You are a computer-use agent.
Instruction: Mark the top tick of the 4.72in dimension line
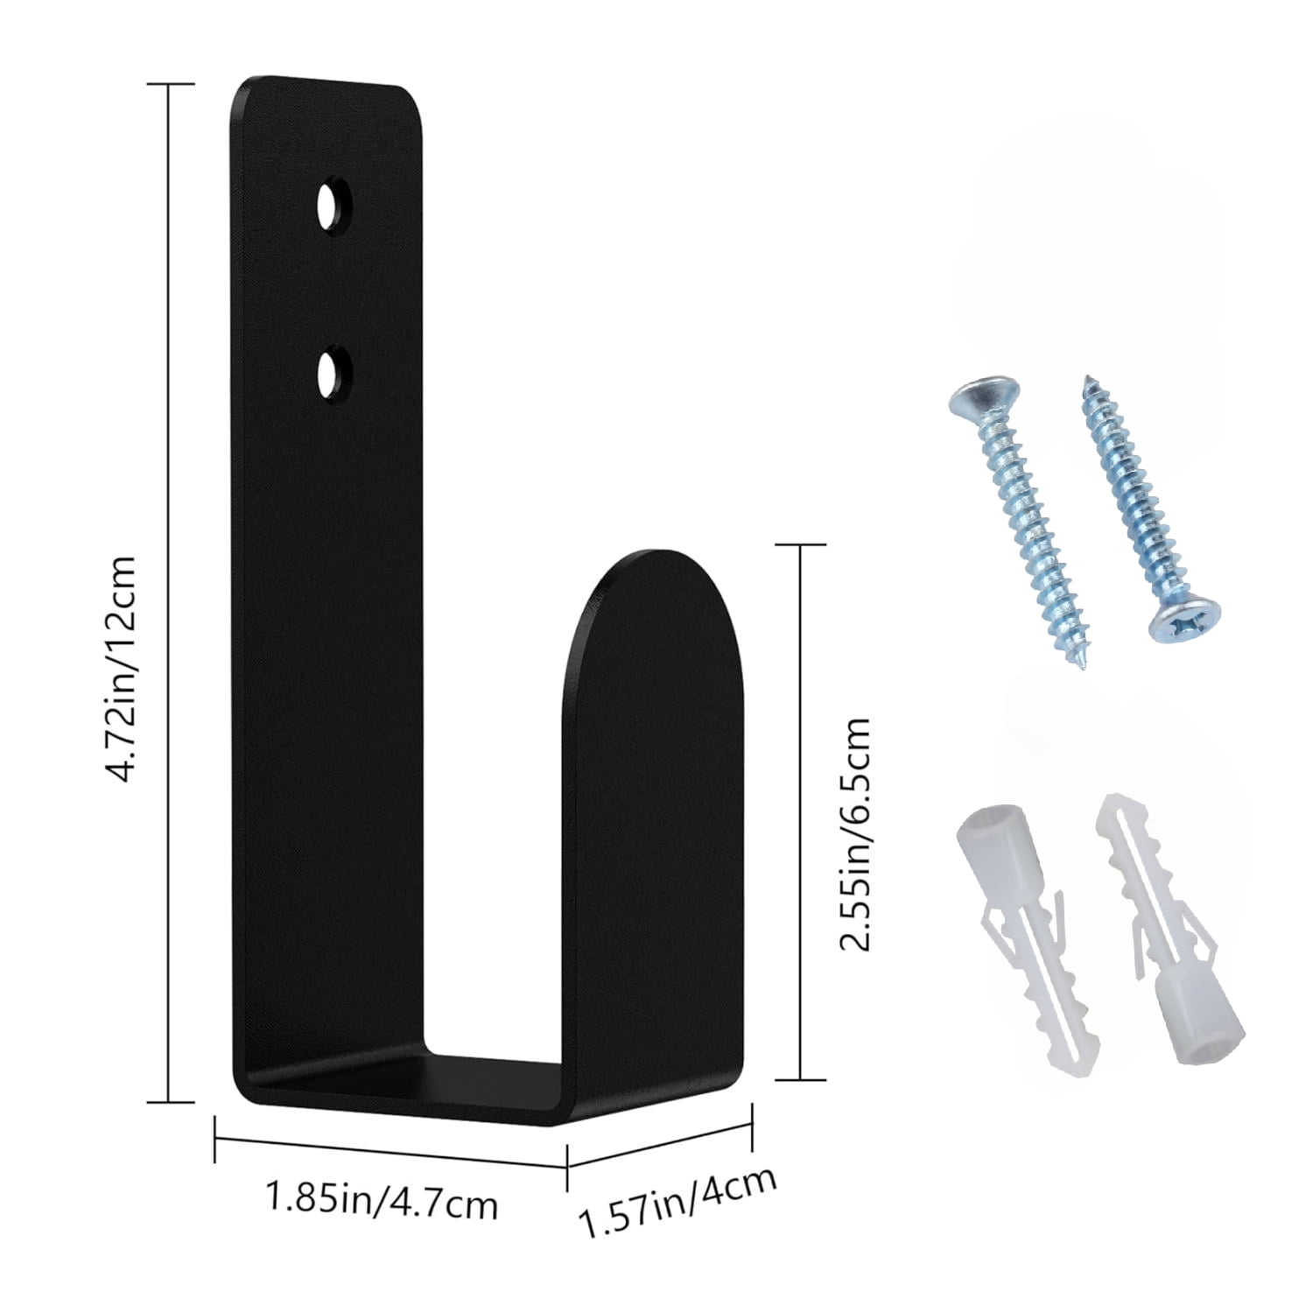(170, 84)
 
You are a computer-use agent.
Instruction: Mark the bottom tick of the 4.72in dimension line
(170, 1102)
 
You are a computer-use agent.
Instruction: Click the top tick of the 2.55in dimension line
(801, 544)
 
